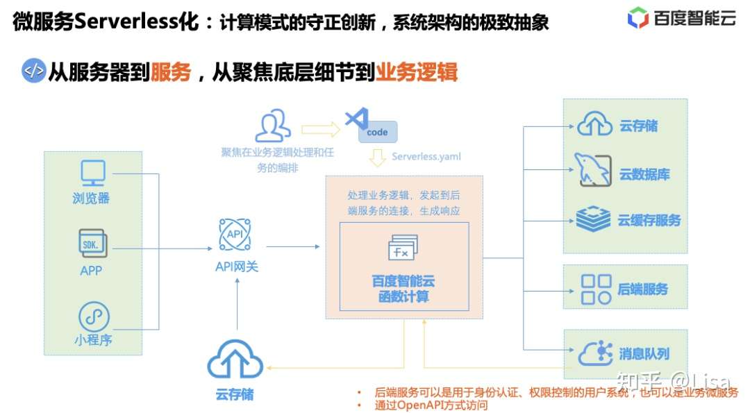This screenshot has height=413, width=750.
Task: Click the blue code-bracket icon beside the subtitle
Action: tap(33, 71)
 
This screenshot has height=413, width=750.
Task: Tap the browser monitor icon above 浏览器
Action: tap(92, 173)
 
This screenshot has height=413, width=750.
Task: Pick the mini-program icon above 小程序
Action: tap(93, 317)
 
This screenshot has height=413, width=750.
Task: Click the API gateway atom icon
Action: tap(235, 235)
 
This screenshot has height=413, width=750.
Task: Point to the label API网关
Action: tap(236, 266)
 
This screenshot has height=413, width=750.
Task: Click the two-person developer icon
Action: tap(272, 126)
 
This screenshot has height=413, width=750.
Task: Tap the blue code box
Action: tap(377, 132)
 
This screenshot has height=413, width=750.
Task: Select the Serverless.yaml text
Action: tap(426, 157)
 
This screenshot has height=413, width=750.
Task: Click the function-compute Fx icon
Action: tap(403, 248)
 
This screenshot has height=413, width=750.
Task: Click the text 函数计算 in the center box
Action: tap(403, 297)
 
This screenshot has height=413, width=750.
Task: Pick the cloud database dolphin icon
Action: tap(592, 171)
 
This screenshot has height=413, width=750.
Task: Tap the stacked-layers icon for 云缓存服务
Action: tap(593, 219)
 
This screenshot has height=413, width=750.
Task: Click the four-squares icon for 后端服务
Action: tap(595, 289)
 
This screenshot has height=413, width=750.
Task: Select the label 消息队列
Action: tap(644, 354)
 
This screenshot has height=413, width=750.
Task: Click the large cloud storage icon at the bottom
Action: tap(235, 360)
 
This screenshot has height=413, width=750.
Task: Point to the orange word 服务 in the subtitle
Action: tap(170, 71)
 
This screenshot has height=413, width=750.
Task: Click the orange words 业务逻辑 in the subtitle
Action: tap(416, 71)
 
